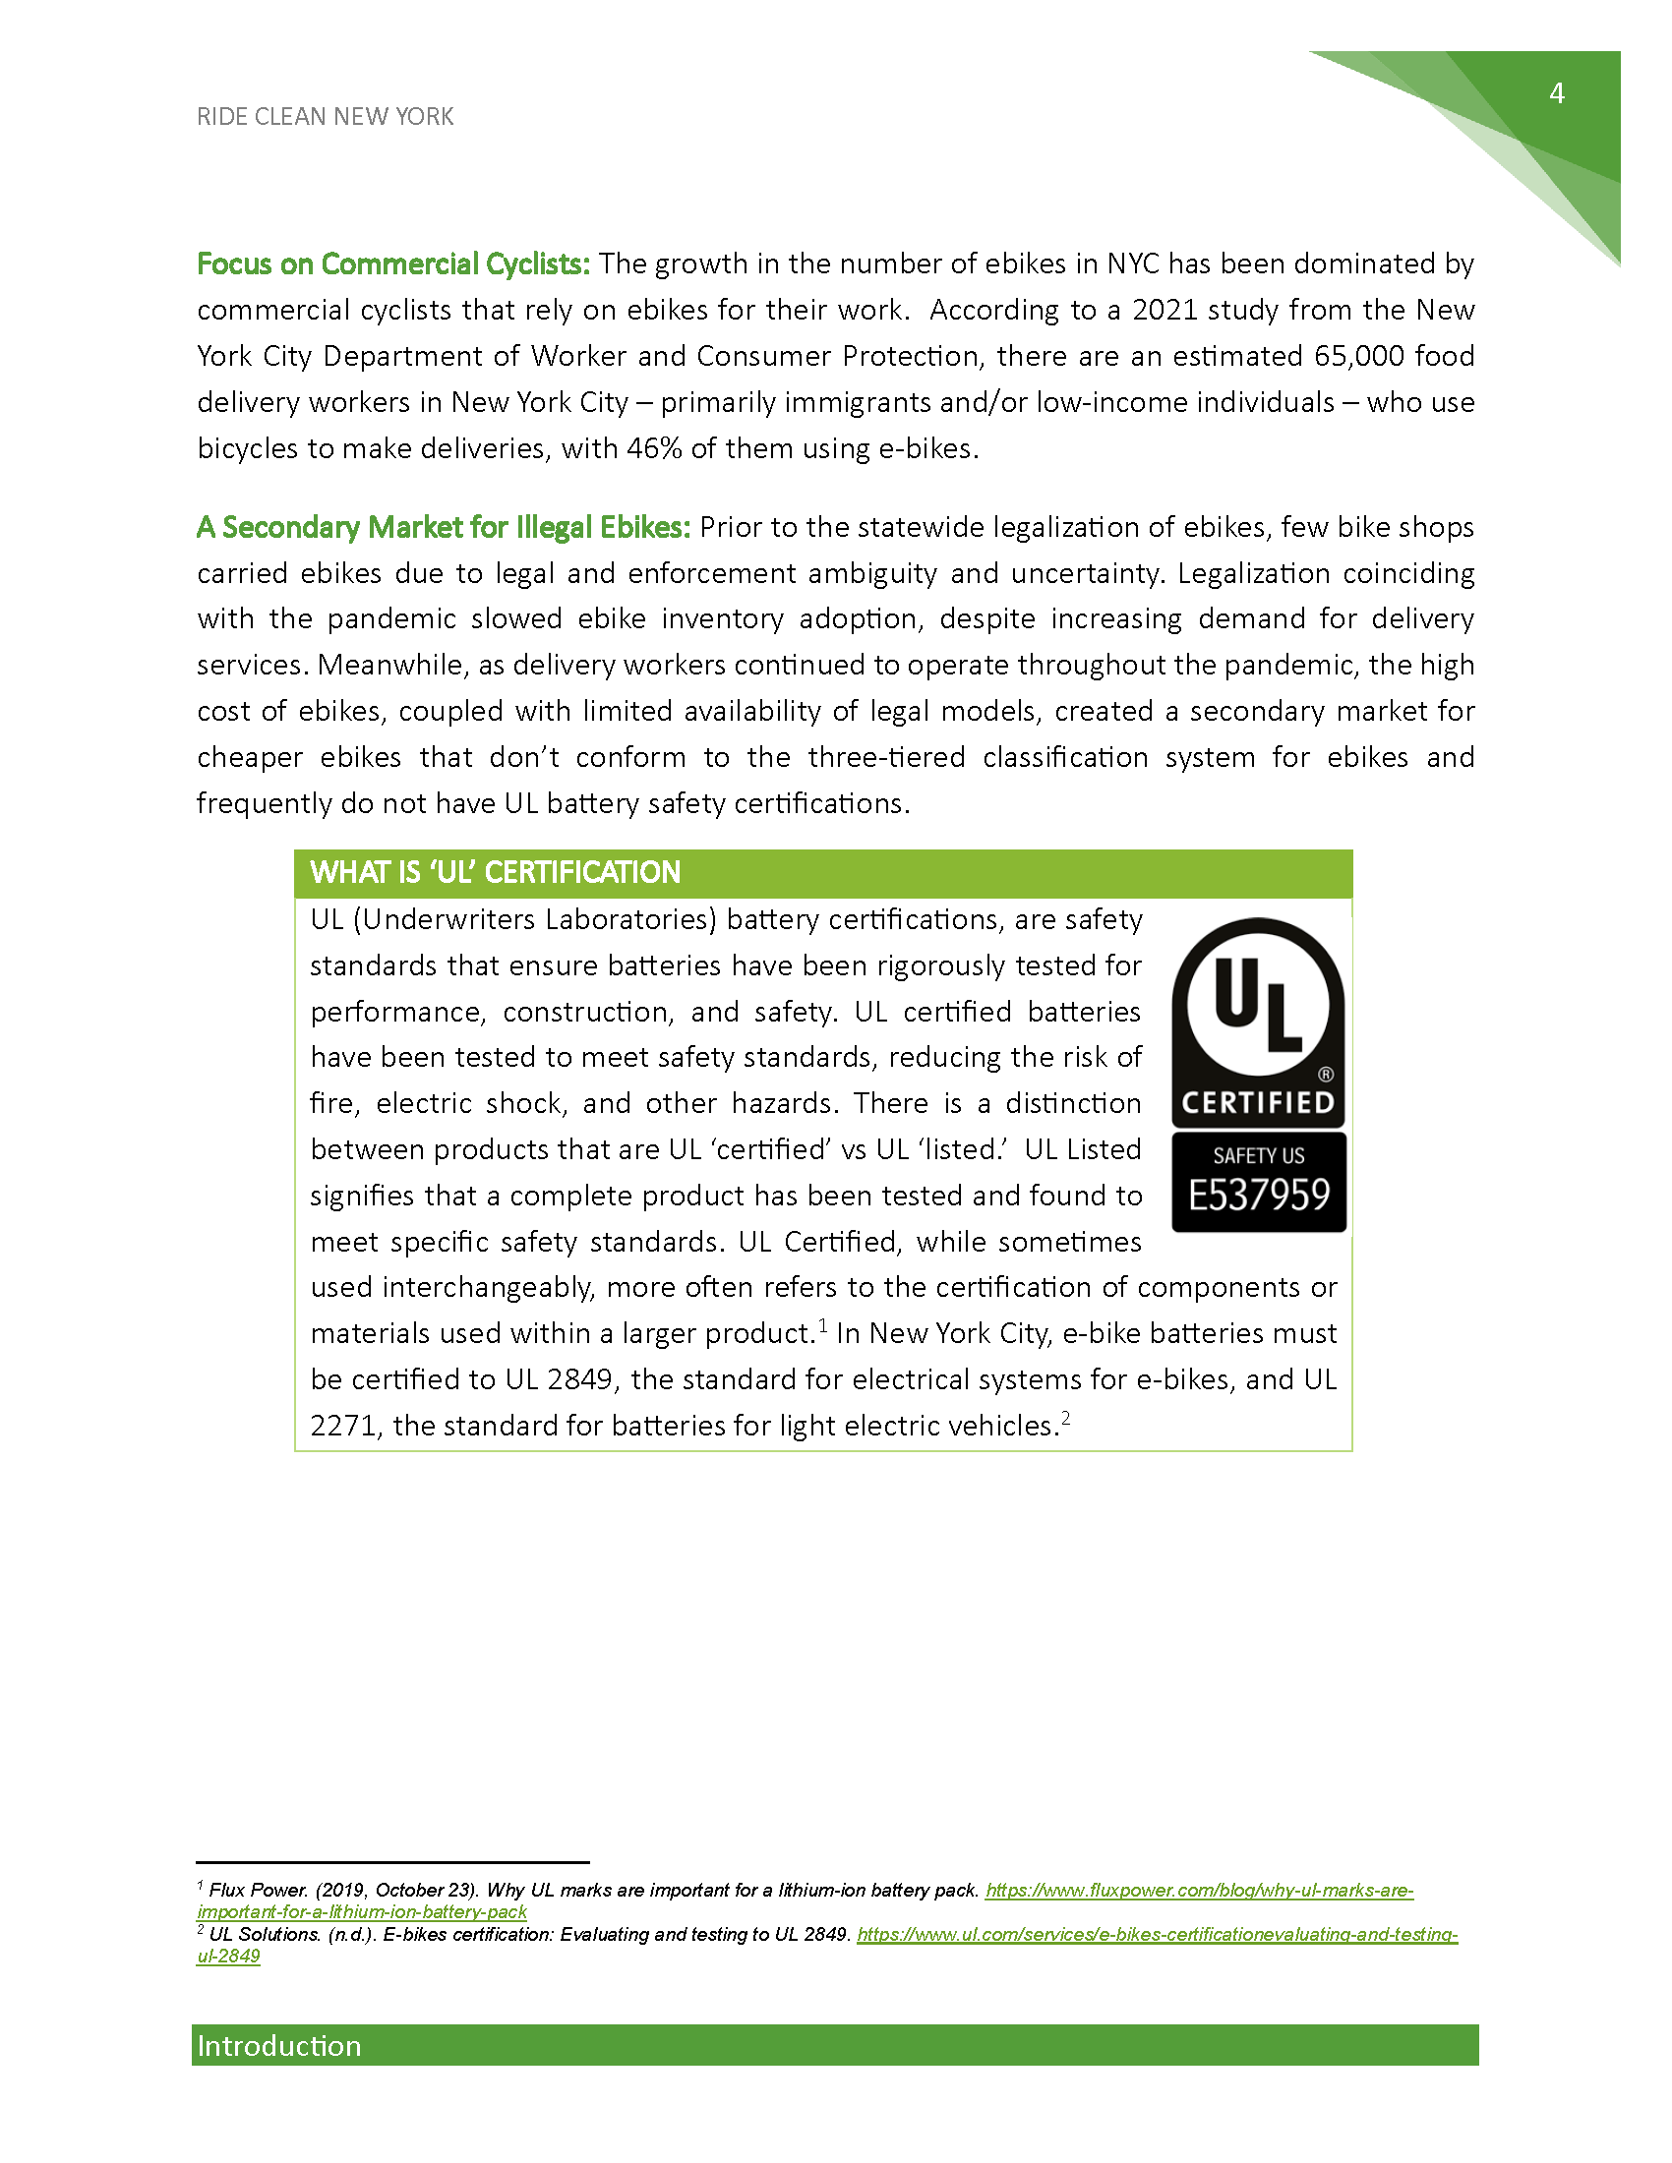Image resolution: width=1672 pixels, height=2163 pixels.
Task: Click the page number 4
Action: (1556, 93)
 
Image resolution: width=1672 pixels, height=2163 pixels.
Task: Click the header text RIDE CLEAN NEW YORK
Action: (325, 117)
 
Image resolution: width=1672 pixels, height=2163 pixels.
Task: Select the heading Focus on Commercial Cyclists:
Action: (393, 263)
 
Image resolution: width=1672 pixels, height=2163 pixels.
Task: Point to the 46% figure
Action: (654, 448)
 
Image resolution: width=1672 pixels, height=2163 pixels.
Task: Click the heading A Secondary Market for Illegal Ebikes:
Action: (443, 527)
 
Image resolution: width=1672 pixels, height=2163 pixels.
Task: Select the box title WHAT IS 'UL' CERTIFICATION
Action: (496, 872)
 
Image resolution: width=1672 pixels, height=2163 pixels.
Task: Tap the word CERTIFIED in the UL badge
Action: (1258, 1102)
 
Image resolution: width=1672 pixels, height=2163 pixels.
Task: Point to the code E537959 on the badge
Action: (1258, 1197)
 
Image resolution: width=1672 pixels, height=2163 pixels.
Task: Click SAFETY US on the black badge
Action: (1258, 1156)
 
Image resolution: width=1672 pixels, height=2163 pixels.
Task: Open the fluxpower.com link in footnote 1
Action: (1199, 1890)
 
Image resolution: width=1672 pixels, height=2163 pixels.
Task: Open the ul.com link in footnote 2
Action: (1156, 1934)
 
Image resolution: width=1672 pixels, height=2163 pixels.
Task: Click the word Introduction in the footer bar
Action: (279, 2045)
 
